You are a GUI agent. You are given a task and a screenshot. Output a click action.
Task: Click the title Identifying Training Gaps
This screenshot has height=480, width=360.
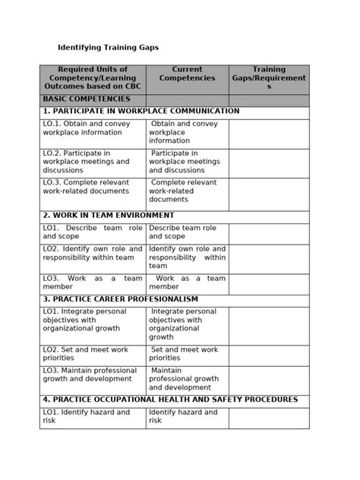click(x=108, y=47)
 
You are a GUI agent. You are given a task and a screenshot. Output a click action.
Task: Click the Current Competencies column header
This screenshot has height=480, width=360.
click(x=187, y=74)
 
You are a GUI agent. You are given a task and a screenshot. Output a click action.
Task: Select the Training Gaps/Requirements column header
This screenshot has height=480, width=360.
click(x=269, y=78)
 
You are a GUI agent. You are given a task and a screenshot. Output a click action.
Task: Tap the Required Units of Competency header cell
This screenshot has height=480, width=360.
click(x=92, y=78)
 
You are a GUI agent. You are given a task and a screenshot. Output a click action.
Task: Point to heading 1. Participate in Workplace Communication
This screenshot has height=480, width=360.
click(x=141, y=111)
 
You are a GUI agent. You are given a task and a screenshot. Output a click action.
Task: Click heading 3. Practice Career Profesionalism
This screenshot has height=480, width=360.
click(x=120, y=299)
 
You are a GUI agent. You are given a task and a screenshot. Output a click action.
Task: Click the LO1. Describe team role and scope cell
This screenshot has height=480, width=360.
click(x=92, y=232)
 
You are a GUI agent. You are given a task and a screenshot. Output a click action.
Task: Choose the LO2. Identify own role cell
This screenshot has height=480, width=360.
click(x=92, y=253)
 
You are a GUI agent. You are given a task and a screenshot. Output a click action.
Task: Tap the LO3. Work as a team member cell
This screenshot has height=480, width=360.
click(x=92, y=283)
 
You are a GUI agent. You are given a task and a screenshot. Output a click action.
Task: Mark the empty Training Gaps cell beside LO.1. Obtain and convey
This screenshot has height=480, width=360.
click(x=269, y=133)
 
